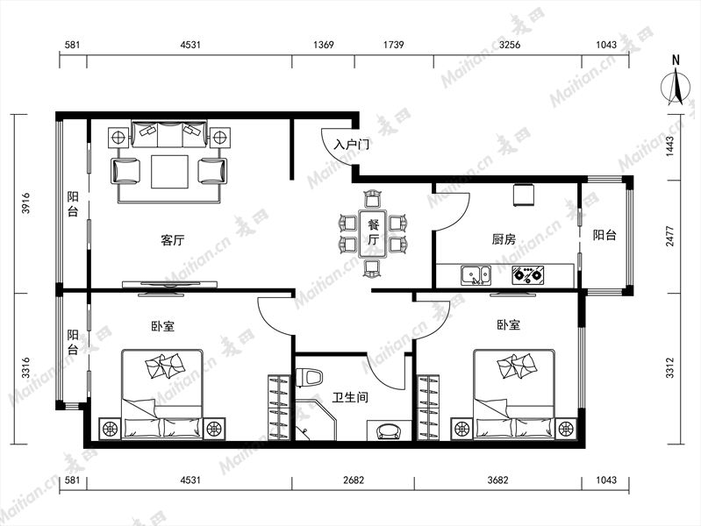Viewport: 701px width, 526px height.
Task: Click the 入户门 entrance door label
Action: (x=352, y=145)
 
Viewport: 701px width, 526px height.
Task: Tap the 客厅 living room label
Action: (x=173, y=240)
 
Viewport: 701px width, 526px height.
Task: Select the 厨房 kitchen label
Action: (x=504, y=239)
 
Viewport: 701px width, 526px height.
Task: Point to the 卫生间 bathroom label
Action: (x=350, y=397)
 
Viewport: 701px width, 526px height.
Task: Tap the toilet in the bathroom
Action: (x=309, y=377)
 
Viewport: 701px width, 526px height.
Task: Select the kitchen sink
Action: (x=476, y=275)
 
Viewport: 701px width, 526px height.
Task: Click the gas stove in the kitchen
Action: (x=528, y=275)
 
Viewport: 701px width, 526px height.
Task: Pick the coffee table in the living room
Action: (x=169, y=172)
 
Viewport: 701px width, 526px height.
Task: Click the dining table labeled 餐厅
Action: (x=372, y=233)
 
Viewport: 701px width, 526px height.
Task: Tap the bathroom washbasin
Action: (x=389, y=430)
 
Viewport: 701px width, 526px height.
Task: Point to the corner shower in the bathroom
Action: (x=315, y=420)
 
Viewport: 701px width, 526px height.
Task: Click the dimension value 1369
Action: (x=323, y=45)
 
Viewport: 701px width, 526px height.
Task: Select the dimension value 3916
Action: (x=26, y=203)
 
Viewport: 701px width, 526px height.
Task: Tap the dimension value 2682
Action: (x=354, y=480)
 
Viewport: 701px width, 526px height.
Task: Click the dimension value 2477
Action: (x=669, y=236)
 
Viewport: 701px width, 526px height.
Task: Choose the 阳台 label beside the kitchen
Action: (x=604, y=235)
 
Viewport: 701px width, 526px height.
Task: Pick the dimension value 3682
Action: (x=497, y=480)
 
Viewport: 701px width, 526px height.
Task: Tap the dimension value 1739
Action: (x=393, y=45)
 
